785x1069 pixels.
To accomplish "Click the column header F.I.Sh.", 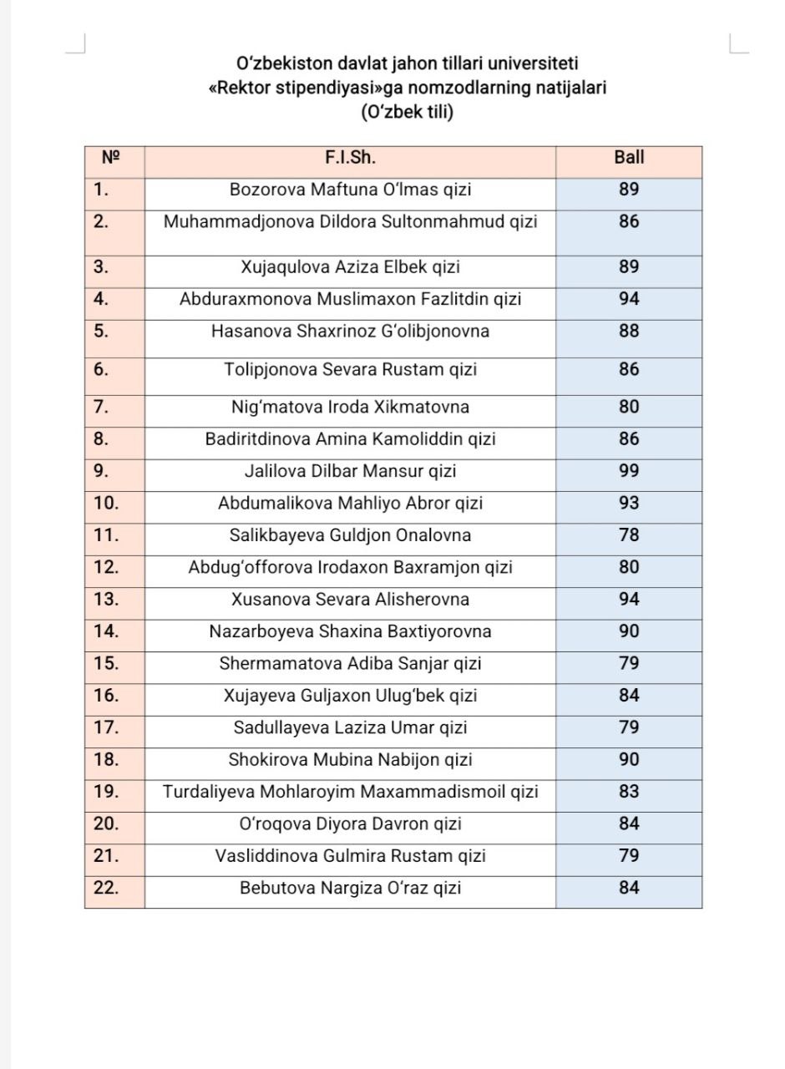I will [350, 157].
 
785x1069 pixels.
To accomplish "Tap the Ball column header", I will [629, 157].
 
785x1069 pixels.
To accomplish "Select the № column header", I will [111, 157].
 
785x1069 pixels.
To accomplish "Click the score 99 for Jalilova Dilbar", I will [629, 471].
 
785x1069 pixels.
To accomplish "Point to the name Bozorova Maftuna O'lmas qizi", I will [350, 190].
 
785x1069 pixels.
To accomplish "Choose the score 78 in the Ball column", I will [629, 535].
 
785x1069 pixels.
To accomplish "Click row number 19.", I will [106, 791].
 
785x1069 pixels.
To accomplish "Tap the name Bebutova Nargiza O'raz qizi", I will [350, 888].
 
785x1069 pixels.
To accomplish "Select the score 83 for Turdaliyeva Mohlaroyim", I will [629, 791].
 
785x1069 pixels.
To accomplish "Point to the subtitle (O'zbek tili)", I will [407, 112].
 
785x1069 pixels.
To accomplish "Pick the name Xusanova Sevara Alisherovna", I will [350, 600].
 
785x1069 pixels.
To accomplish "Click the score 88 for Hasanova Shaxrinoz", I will [629, 332].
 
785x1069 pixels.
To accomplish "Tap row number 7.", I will [101, 407].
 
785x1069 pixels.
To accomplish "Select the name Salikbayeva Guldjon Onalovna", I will [350, 535].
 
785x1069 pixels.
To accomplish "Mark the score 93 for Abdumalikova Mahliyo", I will [629, 504].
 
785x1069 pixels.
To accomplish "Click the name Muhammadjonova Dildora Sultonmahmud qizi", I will [350, 222].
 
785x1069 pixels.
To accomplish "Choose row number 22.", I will [106, 888].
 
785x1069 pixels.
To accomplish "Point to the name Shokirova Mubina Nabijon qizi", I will [350, 760].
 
